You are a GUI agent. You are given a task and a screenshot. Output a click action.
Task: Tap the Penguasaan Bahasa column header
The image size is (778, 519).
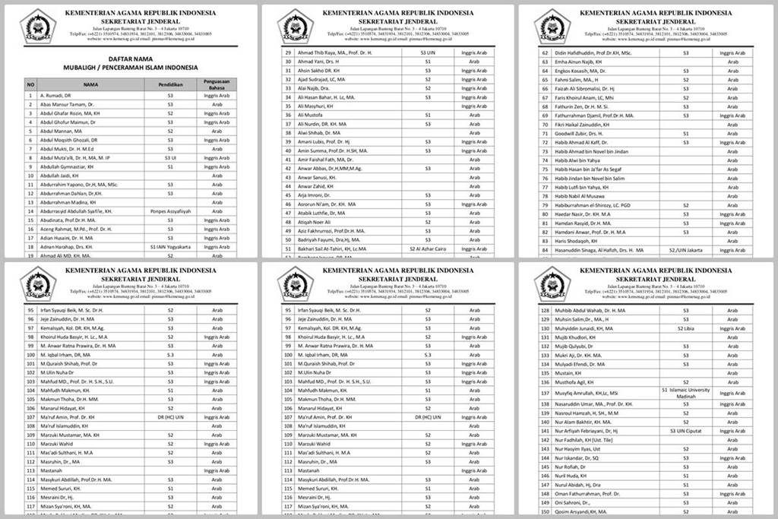217,84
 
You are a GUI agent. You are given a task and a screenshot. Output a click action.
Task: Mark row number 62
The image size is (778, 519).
544,52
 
